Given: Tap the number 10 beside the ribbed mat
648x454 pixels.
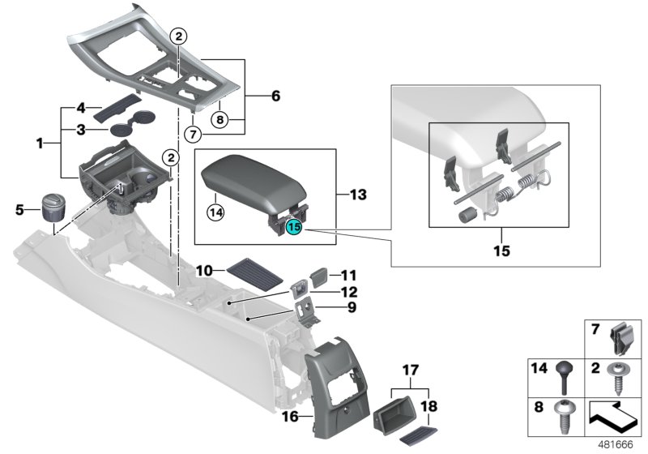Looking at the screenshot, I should pyautogui.click(x=204, y=269).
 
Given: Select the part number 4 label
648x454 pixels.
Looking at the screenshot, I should pyautogui.click(x=80, y=108).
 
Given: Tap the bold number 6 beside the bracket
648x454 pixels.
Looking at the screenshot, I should pyautogui.click(x=275, y=96).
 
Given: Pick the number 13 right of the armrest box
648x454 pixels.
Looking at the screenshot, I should pyautogui.click(x=357, y=195).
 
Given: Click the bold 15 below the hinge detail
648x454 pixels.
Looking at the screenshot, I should pyautogui.click(x=501, y=251).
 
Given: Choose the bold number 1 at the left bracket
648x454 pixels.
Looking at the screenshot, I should pyautogui.click(x=39, y=143).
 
